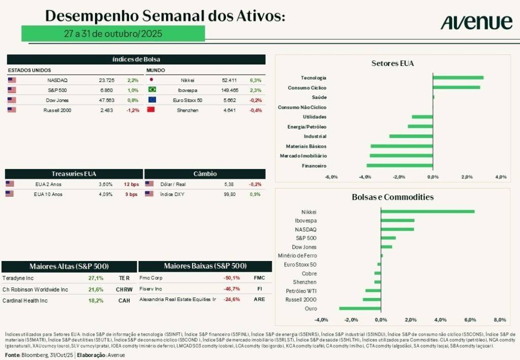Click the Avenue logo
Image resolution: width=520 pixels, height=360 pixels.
click(x=476, y=22)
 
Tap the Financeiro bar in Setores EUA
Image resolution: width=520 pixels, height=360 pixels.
click(x=400, y=166)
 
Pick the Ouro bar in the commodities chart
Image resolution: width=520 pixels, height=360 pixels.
click(x=360, y=308)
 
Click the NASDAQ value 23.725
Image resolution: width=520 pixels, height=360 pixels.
click(x=107, y=80)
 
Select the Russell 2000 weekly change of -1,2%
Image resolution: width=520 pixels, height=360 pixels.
click(x=133, y=110)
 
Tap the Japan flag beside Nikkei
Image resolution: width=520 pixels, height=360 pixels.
click(x=151, y=80)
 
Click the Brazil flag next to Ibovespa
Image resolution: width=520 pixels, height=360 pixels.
click(x=151, y=90)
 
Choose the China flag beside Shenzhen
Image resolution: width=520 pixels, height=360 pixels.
click(x=151, y=110)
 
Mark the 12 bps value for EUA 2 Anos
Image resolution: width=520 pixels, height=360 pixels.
click(x=131, y=184)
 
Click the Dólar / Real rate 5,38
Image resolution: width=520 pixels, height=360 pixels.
click(x=230, y=184)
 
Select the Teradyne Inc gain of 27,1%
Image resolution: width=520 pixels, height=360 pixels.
click(x=96, y=278)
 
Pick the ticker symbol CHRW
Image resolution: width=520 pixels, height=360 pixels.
click(x=124, y=289)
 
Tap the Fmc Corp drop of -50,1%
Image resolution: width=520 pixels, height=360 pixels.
click(x=231, y=278)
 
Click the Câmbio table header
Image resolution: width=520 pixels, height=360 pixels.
click(x=205, y=174)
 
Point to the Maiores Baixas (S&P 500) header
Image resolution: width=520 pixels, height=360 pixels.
click(x=205, y=266)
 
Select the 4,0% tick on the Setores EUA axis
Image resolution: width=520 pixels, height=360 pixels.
click(x=501, y=177)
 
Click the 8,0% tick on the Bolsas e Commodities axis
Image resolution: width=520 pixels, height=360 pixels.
click(x=500, y=320)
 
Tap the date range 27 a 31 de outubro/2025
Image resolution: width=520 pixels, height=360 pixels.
click(x=113, y=34)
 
